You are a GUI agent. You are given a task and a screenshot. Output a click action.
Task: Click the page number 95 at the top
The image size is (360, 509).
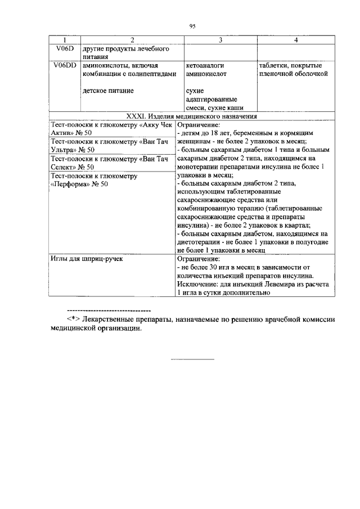192,26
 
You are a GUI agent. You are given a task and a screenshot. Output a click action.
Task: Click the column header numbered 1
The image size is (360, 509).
64,40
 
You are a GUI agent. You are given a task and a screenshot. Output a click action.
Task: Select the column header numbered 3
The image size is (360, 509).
220,40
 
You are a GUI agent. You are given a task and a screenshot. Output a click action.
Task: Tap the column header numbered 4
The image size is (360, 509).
296,40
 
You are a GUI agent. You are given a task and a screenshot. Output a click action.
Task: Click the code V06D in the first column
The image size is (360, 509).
64,49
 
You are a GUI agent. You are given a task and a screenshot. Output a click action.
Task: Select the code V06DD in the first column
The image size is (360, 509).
64,65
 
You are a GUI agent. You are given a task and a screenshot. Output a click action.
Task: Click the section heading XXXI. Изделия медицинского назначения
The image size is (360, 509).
192,116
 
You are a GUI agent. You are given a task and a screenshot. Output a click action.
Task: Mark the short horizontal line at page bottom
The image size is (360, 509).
192,359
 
